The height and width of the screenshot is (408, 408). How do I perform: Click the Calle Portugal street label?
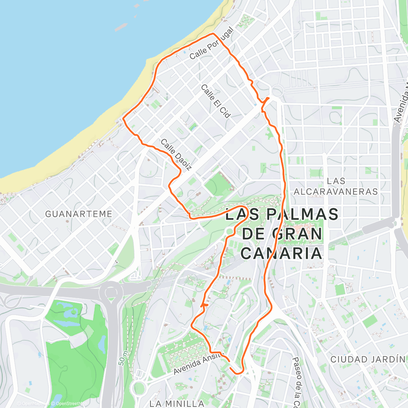point(211,44)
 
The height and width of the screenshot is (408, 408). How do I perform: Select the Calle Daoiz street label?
point(176,154)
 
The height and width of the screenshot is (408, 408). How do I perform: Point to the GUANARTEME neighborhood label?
point(79,214)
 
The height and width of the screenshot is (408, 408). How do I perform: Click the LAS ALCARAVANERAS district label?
point(336,186)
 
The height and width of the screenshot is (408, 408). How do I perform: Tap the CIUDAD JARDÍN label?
point(368,359)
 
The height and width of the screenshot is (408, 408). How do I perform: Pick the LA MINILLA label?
point(177,404)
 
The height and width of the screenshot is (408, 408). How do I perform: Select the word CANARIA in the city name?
point(283,253)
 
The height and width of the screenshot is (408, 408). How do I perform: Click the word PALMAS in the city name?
point(302,215)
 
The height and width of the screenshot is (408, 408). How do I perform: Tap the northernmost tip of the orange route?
point(213,34)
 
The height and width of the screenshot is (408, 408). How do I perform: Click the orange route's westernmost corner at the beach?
point(123,119)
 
